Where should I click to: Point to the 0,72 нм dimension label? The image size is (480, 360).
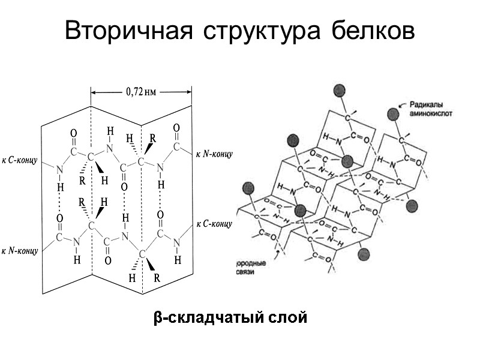pyautogui.click(x=141, y=92)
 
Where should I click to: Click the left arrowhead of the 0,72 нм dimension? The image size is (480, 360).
pyautogui.click(x=94, y=92)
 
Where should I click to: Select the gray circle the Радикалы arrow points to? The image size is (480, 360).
pyautogui.click(x=393, y=113)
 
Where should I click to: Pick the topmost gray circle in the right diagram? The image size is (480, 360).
pyautogui.click(x=340, y=91)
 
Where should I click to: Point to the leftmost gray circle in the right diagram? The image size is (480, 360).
pyautogui.click(x=247, y=189)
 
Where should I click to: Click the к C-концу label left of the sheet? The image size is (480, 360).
pyautogui.click(x=20, y=160)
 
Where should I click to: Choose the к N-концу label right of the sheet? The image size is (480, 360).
pyautogui.click(x=214, y=154)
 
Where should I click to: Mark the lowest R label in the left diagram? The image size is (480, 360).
pyautogui.click(x=157, y=278)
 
